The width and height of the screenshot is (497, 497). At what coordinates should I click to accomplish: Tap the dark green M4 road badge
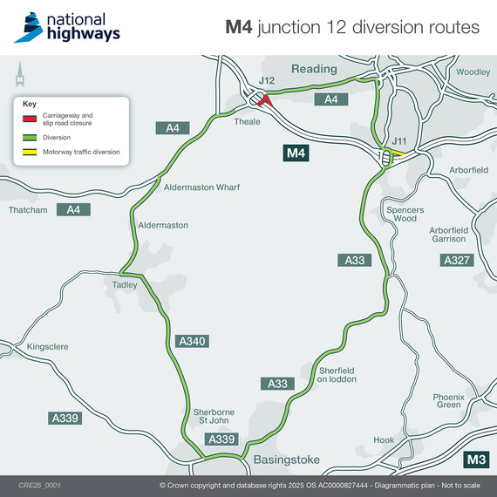pos(296,154)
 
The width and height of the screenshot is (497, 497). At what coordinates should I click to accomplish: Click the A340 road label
pos(192,341)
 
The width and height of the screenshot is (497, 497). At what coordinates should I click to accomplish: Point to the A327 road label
pos(458,260)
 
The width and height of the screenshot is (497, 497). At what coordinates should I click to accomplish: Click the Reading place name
pos(314,69)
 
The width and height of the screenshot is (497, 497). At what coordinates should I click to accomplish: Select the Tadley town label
pos(126,284)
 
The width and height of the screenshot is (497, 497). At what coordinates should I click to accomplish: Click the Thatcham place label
pos(26,210)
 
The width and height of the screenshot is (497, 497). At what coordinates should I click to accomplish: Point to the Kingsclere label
pos(47,346)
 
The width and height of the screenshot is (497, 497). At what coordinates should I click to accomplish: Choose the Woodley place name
pos(473,72)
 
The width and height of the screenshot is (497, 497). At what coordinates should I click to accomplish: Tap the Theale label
pos(248,122)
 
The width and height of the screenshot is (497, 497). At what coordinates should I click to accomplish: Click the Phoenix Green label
pos(447,401)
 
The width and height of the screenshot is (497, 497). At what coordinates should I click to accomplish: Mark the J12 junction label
pos(267,81)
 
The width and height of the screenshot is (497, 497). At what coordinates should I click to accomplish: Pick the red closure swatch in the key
pos(30,118)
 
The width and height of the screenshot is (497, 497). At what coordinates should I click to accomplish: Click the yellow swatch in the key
pos(30,153)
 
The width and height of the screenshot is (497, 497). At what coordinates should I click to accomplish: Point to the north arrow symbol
pos(18,77)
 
